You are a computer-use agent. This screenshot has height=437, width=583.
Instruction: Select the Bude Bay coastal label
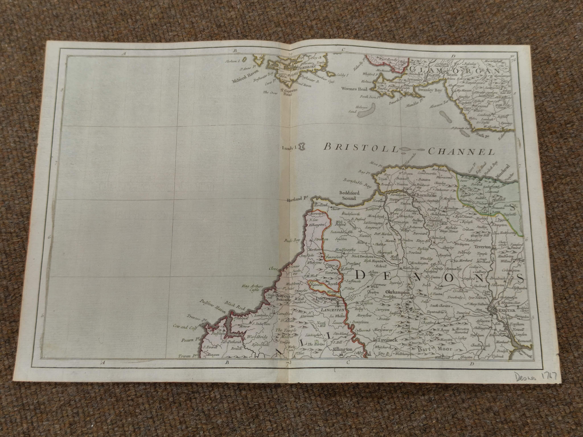[x=291, y=241]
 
